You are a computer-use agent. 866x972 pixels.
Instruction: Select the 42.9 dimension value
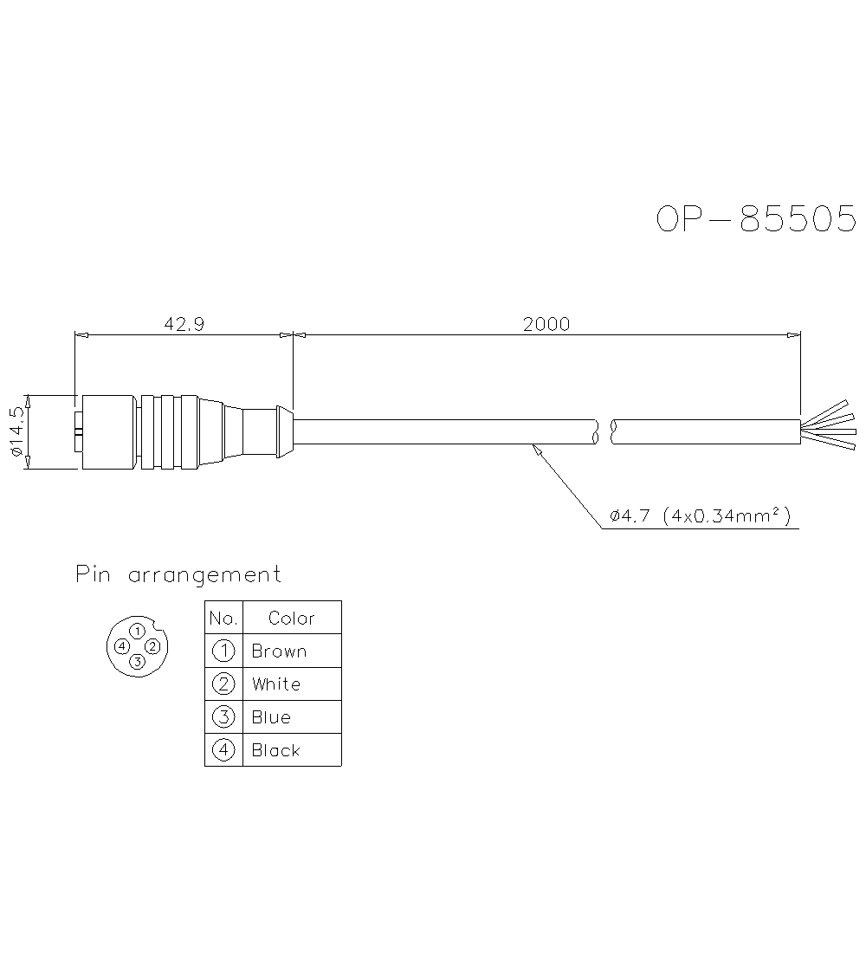point(184,324)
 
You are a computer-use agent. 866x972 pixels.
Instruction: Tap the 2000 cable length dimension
point(546,324)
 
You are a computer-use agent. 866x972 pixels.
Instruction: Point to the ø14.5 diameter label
point(16,432)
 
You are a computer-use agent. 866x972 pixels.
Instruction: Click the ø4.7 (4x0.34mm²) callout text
point(700,517)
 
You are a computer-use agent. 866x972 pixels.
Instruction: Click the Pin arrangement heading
point(178,574)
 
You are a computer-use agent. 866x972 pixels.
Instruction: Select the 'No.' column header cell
point(223,619)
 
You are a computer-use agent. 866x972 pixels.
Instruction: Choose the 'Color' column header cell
point(292,619)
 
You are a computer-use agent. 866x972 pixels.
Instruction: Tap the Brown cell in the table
point(292,651)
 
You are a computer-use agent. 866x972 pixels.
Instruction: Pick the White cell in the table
point(292,684)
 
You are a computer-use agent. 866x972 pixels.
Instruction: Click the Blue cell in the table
point(292,717)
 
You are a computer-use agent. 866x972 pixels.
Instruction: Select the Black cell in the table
point(292,750)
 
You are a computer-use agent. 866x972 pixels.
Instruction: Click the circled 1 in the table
point(223,651)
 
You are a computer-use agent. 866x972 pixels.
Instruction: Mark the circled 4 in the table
point(223,750)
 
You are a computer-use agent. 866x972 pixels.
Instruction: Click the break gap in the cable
point(604,432)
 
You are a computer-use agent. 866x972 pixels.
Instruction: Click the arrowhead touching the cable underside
point(536,449)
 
